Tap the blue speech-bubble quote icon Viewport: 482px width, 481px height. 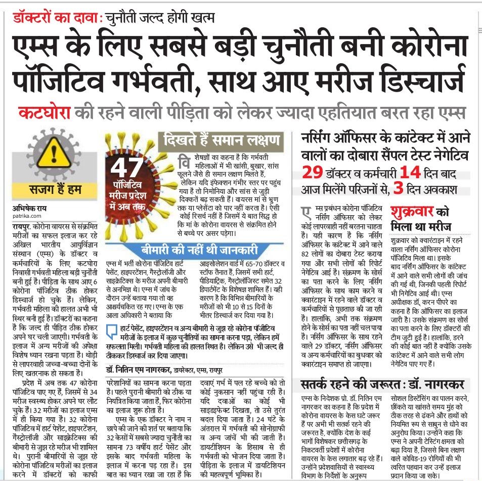[110, 334]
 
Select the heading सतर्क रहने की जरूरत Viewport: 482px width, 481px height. [353, 385]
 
